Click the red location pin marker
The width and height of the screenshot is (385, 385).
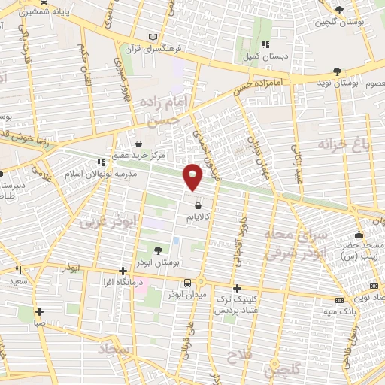194,176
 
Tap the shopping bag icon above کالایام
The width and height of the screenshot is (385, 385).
198,205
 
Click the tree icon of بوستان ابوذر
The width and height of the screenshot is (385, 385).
158,250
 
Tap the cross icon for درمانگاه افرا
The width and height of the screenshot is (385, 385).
123,271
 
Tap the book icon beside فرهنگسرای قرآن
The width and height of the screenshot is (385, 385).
154,36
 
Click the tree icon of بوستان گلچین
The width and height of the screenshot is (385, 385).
340,9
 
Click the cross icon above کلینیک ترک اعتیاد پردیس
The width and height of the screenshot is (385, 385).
237,288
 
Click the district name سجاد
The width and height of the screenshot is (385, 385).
114,350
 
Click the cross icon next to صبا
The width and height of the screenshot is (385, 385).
39,311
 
